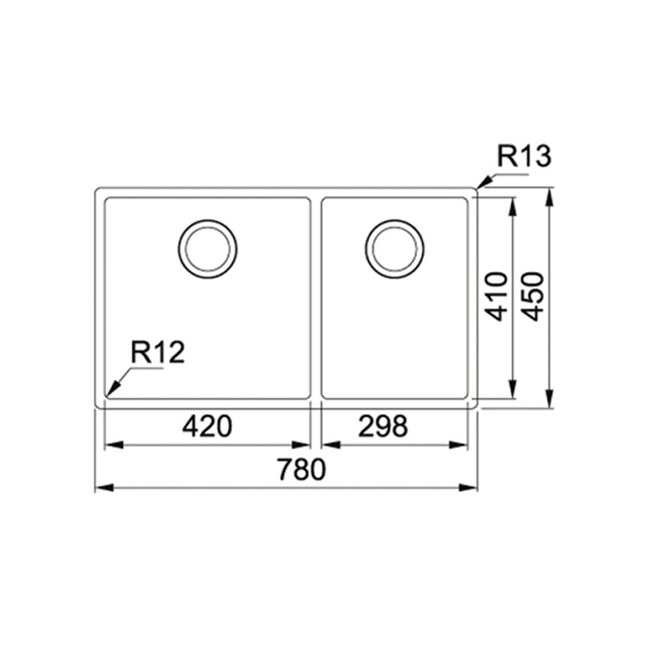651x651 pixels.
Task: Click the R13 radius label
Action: point(524,157)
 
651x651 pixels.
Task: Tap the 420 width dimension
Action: point(206,426)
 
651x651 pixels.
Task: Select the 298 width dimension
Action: point(383,426)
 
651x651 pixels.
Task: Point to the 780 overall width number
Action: point(300,469)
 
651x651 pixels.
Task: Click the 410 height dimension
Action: point(497,296)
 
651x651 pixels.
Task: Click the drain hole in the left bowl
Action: point(208,249)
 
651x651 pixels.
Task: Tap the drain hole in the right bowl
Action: point(395,249)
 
